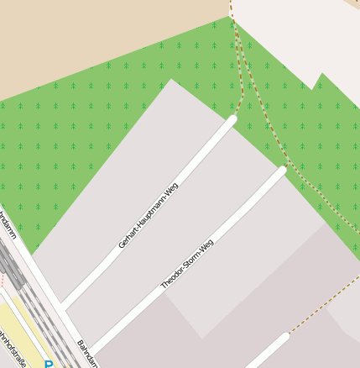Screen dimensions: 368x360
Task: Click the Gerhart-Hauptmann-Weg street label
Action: (149, 216)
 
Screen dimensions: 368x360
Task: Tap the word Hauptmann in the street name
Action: (154, 209)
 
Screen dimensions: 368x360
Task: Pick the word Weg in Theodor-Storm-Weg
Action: (206, 244)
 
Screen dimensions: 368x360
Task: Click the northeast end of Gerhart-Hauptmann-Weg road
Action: (232, 120)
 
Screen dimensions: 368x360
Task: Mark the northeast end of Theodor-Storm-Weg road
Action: (282, 170)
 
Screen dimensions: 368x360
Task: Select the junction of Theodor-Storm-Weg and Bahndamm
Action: (91, 351)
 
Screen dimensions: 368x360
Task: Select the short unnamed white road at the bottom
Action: (267, 351)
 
